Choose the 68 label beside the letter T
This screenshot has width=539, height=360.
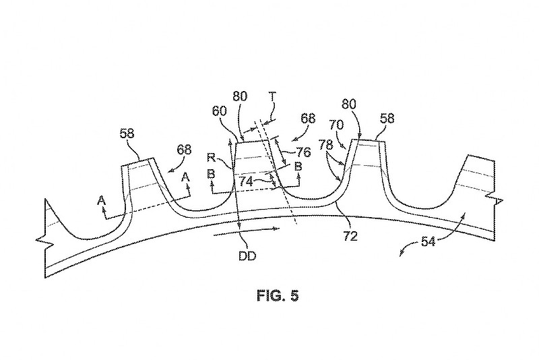tap(308, 119)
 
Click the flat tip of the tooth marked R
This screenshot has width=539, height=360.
tap(255, 142)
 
